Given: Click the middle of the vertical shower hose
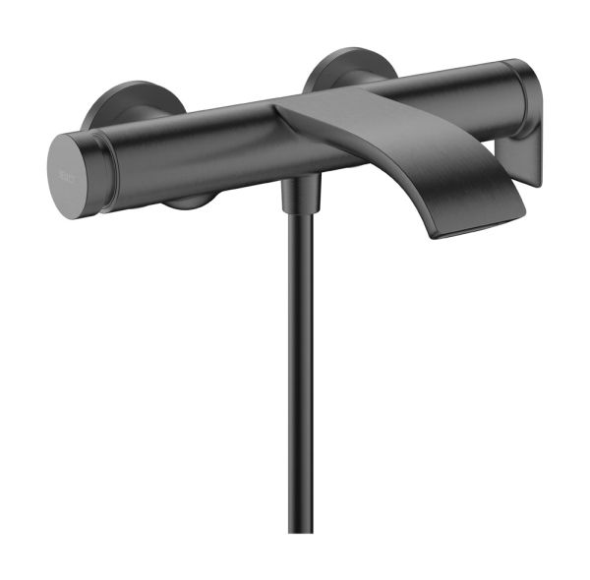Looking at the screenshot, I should click(x=299, y=374).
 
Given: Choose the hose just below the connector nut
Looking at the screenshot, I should click(x=298, y=231).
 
